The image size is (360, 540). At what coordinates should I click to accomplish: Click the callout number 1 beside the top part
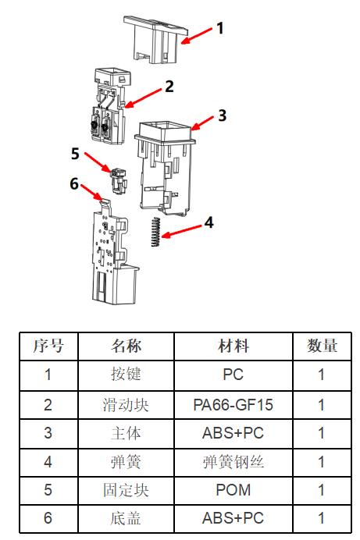pyautogui.click(x=220, y=28)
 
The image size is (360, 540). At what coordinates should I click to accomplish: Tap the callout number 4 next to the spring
pyautogui.click(x=209, y=222)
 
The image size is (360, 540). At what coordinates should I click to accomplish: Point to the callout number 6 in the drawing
pyautogui.click(x=74, y=183)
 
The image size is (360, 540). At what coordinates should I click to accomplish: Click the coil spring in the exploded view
pyautogui.click(x=155, y=232)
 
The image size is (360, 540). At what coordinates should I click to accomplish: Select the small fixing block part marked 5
pyautogui.click(x=119, y=180)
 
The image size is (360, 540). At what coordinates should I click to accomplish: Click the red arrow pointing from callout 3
pyautogui.click(x=202, y=123)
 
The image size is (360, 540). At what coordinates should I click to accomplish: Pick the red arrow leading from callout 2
pyautogui.click(x=143, y=98)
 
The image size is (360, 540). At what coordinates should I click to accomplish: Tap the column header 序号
pyautogui.click(x=48, y=346)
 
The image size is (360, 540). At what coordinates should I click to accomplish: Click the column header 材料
pyautogui.click(x=233, y=346)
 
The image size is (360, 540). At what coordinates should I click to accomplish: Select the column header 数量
pyautogui.click(x=322, y=346)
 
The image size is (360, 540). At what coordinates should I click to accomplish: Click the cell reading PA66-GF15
pyautogui.click(x=233, y=405)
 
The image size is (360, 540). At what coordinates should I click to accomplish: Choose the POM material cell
pyautogui.click(x=233, y=490)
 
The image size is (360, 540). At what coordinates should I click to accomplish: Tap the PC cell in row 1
pyautogui.click(x=233, y=375)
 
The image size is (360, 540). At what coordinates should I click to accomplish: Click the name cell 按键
pyautogui.click(x=126, y=375)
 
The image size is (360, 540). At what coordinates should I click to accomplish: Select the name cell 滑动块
pyautogui.click(x=126, y=405)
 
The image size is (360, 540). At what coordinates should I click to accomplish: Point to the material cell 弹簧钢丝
pyautogui.click(x=233, y=461)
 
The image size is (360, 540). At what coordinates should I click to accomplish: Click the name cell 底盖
pyautogui.click(x=126, y=518)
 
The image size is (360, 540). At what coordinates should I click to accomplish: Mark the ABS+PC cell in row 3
pyautogui.click(x=233, y=433)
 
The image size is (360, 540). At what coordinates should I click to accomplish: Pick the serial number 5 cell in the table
pyautogui.click(x=48, y=490)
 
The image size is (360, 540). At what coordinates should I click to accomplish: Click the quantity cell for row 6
pyautogui.click(x=322, y=518)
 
